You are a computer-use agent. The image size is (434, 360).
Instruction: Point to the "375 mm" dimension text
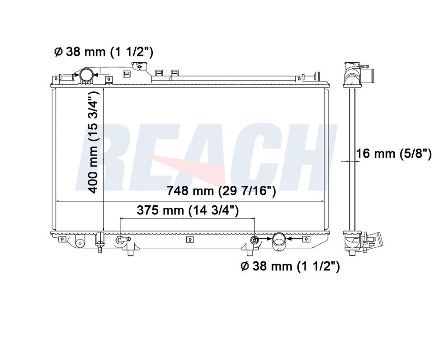(160, 210)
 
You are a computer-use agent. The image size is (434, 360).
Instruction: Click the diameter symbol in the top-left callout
(58, 52)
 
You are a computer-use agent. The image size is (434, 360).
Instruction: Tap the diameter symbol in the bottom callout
(245, 266)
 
